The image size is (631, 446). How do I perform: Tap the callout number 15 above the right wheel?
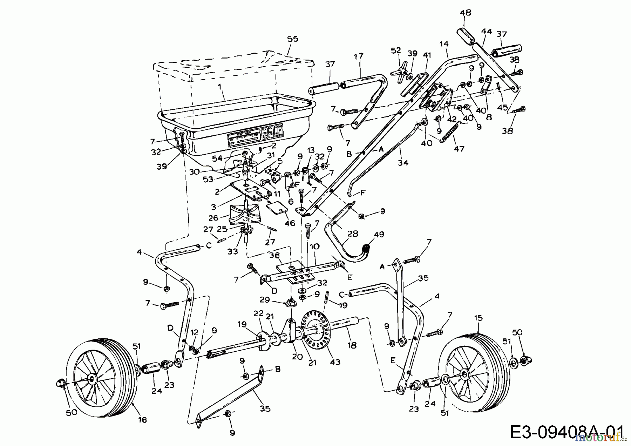coord(478,318)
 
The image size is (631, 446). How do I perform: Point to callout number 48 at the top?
coord(465,13)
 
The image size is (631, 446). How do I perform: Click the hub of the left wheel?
coord(91,378)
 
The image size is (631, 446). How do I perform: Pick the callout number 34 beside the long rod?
coord(403,163)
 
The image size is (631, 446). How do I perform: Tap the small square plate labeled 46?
coord(277,209)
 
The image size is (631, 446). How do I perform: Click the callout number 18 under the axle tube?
coord(352,345)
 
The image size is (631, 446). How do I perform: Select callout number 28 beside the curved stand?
coord(353,234)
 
